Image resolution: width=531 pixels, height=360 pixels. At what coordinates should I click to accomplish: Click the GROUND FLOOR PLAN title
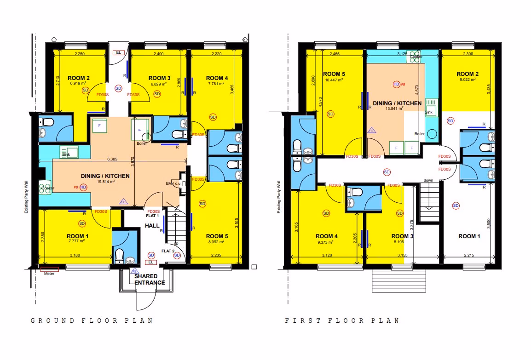pyautogui.click(x=92, y=320)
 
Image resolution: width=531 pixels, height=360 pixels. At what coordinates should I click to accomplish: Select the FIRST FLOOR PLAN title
pyautogui.click(x=342, y=320)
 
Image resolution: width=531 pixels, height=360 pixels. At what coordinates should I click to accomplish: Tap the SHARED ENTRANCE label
pyautogui.click(x=150, y=279)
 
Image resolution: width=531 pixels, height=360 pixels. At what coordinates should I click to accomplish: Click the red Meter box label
pyautogui.click(x=49, y=274)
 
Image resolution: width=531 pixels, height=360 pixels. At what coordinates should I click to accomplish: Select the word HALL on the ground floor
pyautogui.click(x=152, y=226)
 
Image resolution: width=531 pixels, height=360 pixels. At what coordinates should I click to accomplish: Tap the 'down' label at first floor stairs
pyautogui.click(x=428, y=180)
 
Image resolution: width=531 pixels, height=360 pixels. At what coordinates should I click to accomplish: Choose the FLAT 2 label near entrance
pyautogui.click(x=168, y=251)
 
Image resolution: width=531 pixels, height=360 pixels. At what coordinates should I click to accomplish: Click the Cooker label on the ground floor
pyautogui.click(x=47, y=189)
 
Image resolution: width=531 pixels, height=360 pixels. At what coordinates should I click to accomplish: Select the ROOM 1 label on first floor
pyautogui.click(x=470, y=236)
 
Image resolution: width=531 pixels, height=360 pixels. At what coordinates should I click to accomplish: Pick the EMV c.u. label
pyautogui.click(x=173, y=183)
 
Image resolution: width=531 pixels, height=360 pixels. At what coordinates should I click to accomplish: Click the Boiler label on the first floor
pyautogui.click(x=419, y=134)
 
